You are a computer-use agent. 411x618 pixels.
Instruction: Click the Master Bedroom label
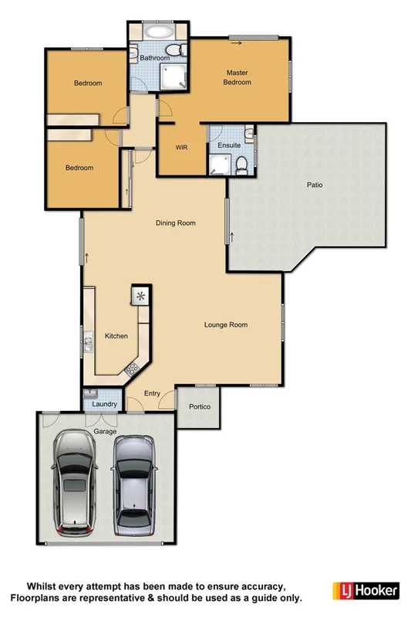pos(237,77)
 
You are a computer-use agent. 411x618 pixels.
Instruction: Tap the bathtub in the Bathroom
pos(159,33)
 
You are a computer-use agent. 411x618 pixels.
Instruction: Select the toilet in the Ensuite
pos(241,163)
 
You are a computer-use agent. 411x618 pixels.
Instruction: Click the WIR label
pos(182,146)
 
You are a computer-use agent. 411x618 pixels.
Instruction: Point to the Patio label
pos(314,185)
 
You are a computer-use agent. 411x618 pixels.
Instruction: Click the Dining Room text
pos(176,223)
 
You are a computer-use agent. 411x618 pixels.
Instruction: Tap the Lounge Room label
pos(225,325)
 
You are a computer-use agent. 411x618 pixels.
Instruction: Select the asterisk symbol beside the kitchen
pos(141,295)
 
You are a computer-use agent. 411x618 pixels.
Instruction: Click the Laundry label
pos(103,404)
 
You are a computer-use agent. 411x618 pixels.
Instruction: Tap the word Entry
pos(152,394)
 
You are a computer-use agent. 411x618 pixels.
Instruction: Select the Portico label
pos(199,407)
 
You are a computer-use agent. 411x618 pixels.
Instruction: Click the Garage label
pos(105,433)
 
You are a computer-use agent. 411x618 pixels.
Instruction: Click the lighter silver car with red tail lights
pos(73,485)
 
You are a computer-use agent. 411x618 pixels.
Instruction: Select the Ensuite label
pos(230,145)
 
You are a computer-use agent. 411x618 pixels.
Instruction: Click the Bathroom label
pos(154,58)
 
